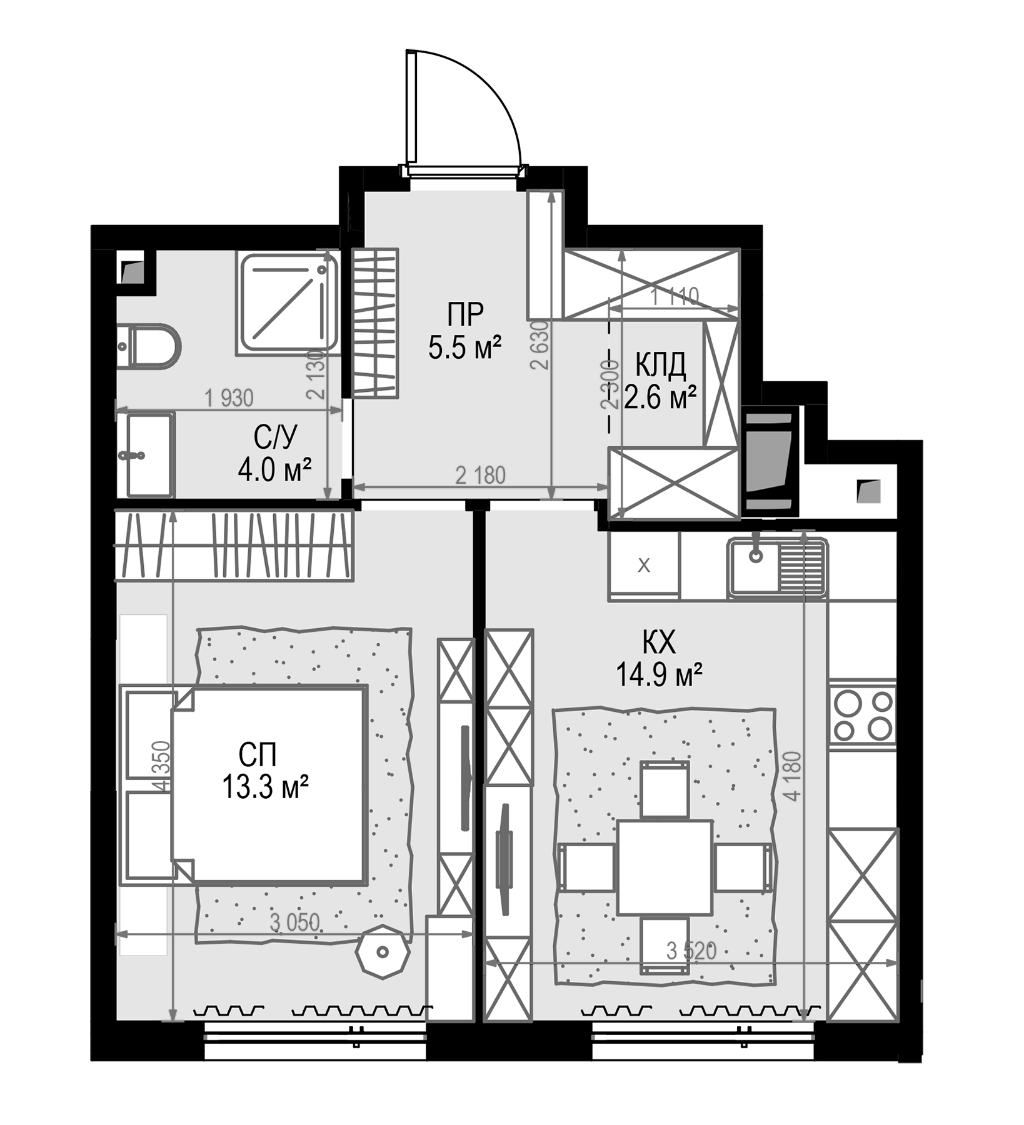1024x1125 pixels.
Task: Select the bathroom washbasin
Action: coord(149,454)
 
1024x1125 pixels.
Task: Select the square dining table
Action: coord(665,867)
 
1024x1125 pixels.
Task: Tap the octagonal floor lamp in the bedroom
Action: coord(382,952)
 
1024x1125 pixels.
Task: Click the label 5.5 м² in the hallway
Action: coord(465,348)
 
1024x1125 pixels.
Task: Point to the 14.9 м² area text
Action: coord(660,674)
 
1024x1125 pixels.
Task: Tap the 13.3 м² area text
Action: coord(266,787)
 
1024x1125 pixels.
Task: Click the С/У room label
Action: coord(276,437)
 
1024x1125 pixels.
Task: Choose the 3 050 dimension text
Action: coord(294,922)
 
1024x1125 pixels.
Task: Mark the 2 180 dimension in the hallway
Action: coord(480,475)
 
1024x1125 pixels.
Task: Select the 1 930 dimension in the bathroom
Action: coord(229,397)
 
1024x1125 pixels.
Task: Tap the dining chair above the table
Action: coord(665,789)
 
